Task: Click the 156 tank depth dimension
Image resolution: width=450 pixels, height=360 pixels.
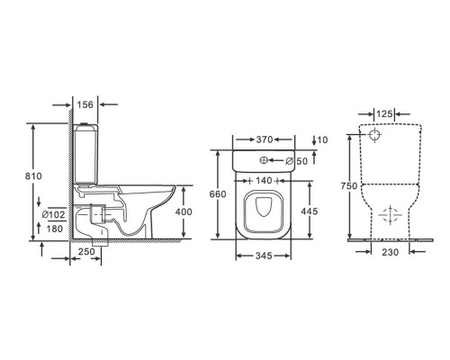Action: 85,104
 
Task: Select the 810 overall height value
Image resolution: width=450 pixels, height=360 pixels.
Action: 33,176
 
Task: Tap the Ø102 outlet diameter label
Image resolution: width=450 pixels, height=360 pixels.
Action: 54,215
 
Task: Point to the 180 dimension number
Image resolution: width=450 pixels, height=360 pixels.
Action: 55,229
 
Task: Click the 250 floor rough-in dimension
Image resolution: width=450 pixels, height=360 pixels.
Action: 86,252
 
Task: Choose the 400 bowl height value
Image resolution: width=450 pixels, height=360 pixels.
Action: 184,211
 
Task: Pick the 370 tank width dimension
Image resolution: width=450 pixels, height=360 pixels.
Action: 265,139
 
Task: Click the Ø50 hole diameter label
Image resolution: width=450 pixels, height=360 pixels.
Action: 297,161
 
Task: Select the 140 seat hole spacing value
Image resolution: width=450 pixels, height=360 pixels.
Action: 264,181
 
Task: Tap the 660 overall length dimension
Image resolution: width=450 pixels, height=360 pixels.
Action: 218,194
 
